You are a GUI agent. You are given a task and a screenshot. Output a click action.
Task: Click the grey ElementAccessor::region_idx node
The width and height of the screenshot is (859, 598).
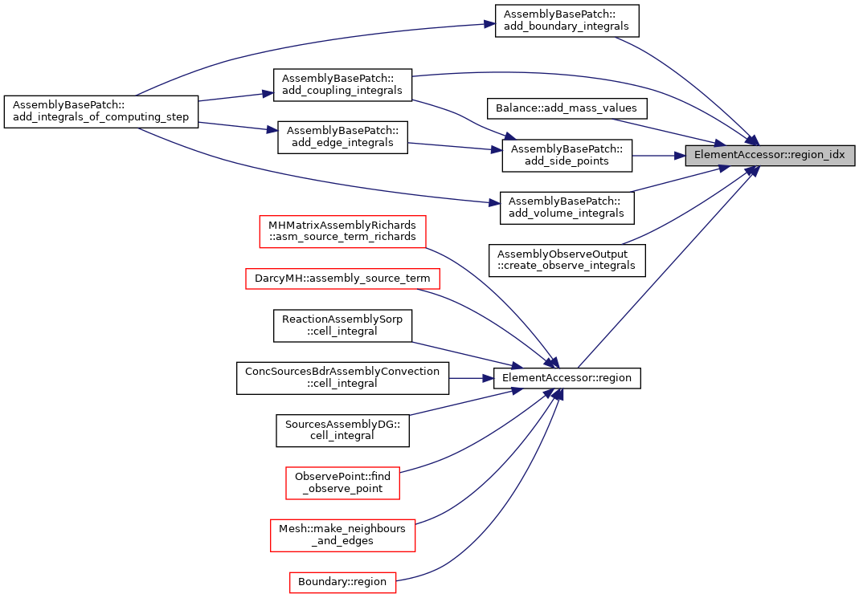pos(770,156)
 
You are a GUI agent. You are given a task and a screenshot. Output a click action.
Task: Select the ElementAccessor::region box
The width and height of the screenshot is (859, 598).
pos(567,378)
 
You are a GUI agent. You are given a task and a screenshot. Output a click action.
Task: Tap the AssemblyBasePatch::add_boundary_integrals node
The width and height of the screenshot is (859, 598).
pos(567,21)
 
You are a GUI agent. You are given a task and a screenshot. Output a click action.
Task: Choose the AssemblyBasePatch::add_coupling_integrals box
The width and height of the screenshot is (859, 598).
pos(342,85)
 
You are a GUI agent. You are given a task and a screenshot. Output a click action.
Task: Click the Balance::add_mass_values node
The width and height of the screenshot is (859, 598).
pos(567,108)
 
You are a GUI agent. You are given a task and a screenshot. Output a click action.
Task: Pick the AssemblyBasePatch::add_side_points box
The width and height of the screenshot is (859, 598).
pos(567,156)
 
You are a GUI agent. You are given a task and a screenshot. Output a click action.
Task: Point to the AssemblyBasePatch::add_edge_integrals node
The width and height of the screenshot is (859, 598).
pos(342,137)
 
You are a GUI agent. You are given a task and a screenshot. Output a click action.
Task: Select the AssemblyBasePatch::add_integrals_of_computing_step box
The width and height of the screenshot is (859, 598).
pos(100,112)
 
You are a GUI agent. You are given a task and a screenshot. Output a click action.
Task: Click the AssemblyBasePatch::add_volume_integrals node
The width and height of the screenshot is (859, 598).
pos(567,208)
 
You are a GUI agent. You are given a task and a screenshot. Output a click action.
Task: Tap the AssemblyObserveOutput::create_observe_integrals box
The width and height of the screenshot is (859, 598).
pos(567,260)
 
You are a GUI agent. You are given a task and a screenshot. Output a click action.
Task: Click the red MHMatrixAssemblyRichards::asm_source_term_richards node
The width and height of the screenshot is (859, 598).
pos(342,231)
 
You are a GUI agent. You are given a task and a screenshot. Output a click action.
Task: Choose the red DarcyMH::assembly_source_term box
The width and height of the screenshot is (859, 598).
pos(342,279)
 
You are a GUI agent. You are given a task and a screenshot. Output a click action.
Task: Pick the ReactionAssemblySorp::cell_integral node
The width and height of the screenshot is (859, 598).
pos(342,326)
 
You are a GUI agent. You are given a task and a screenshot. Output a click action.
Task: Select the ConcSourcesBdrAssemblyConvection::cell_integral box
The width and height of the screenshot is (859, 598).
pos(342,378)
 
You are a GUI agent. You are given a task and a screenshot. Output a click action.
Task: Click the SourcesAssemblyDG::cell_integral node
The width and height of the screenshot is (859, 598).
pos(342,430)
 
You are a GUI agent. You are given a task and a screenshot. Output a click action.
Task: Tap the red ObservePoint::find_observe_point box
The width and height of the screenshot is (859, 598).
pos(342,483)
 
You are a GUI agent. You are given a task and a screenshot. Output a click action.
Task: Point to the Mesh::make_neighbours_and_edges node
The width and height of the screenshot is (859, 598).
pos(342,535)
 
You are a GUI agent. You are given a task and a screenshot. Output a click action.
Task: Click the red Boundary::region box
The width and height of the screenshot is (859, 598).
pos(342,582)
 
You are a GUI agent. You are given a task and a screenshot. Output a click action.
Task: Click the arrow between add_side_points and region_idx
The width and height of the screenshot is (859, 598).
pos(658,156)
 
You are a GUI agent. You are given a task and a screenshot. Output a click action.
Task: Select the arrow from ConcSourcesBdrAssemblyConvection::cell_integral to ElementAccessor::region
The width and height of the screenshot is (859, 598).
pos(471,378)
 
